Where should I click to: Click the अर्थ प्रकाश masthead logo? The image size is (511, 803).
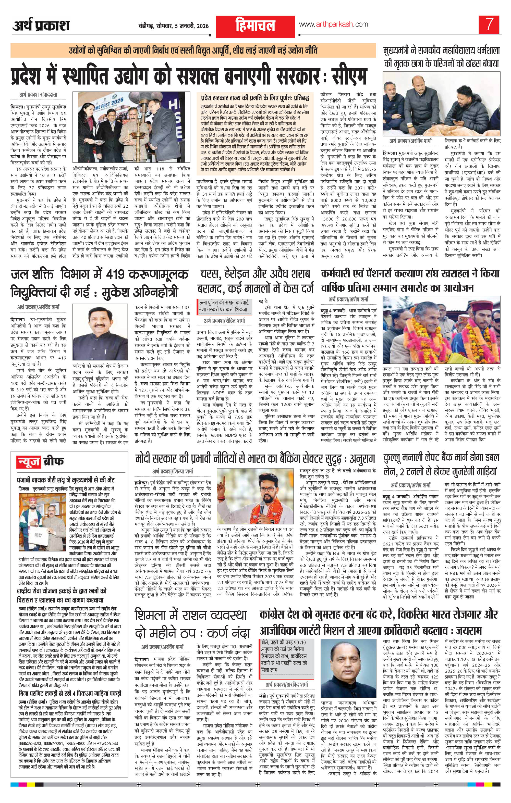point(41,25)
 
